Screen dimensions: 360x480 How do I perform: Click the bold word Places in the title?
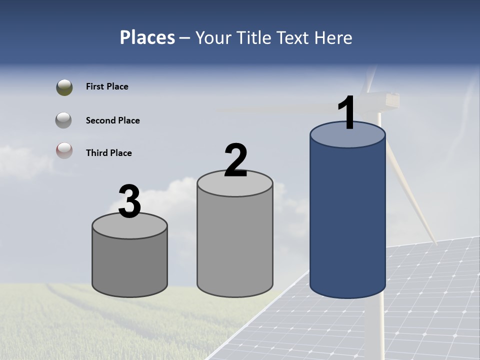147,37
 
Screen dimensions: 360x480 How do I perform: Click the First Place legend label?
107,86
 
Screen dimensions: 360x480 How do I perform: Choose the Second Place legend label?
112,120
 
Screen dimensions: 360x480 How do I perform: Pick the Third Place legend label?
108,153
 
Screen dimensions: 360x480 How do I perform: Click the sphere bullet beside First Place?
64,87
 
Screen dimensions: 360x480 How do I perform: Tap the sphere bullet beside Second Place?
63,120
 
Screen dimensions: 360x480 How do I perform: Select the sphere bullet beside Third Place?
64,150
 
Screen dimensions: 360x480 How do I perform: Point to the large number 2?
235,160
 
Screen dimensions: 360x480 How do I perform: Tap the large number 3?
130,201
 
